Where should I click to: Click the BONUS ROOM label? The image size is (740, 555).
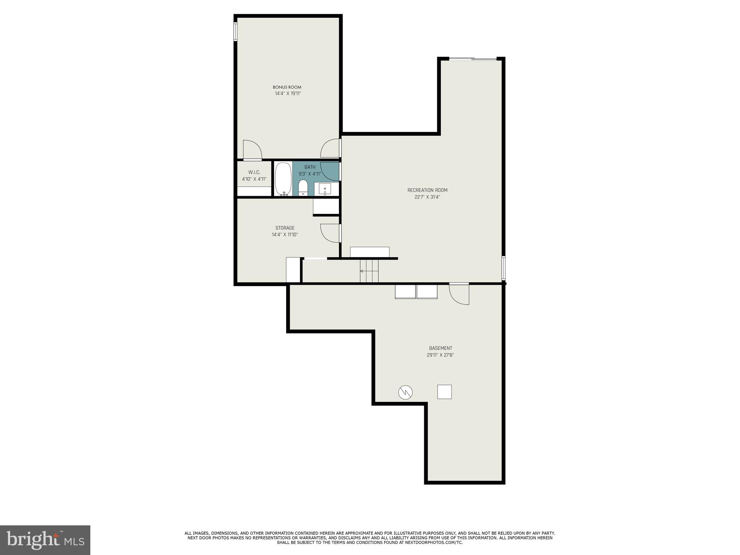click(x=287, y=87)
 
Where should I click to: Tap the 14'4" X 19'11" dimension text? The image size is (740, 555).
click(x=288, y=94)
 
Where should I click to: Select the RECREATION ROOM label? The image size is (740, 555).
click(x=427, y=190)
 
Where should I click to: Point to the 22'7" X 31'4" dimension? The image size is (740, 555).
click(x=427, y=197)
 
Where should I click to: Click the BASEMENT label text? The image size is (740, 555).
click(x=440, y=348)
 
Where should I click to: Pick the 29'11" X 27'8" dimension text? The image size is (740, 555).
click(x=440, y=355)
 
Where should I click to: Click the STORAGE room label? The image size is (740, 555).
click(x=285, y=228)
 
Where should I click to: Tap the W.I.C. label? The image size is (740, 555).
click(x=254, y=172)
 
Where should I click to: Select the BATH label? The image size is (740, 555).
click(x=310, y=167)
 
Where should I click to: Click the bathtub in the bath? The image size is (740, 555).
click(x=283, y=179)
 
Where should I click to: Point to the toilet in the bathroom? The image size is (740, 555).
click(x=303, y=188)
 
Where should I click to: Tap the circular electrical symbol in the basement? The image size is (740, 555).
click(x=405, y=392)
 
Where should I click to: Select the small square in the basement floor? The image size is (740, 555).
click(x=444, y=392)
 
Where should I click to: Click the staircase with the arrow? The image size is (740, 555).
click(x=369, y=271)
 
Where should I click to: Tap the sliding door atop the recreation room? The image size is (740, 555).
click(x=473, y=59)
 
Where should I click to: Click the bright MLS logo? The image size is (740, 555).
click(x=45, y=540)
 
